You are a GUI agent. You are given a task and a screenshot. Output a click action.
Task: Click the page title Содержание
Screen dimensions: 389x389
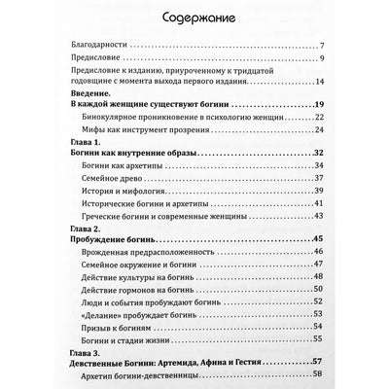[194, 17]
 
